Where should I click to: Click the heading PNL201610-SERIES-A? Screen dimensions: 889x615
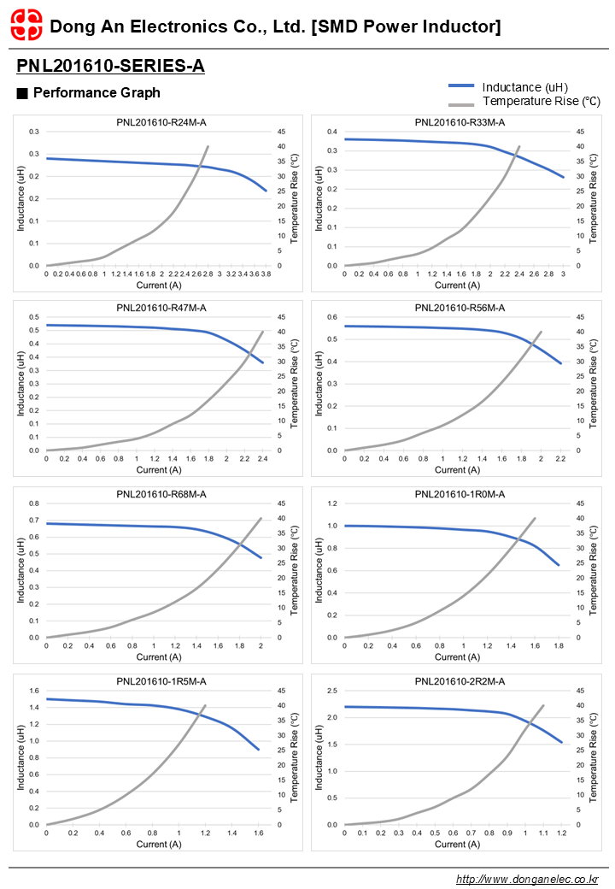coord(110,66)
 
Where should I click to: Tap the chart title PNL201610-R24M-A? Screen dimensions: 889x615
coord(161,123)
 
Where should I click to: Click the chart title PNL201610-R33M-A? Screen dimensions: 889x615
coord(460,123)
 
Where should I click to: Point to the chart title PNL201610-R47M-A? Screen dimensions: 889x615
coord(161,308)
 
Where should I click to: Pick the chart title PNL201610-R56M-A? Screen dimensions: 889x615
coord(460,308)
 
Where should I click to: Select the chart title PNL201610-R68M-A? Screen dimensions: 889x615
coord(161,494)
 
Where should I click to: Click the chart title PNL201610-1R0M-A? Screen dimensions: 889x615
coord(460,494)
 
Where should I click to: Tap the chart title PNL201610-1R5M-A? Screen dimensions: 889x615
coord(161,681)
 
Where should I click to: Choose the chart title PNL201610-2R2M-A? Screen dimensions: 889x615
coord(460,681)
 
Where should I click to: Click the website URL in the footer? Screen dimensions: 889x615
coord(527,879)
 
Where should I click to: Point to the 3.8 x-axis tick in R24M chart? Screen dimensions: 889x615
coord(266,274)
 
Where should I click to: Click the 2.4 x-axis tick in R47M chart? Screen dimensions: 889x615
coord(263,459)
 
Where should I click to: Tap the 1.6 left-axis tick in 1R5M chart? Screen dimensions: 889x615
coord(35,691)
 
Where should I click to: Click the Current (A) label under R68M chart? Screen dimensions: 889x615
coord(159,656)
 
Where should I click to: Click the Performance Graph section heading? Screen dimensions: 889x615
coord(96,92)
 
